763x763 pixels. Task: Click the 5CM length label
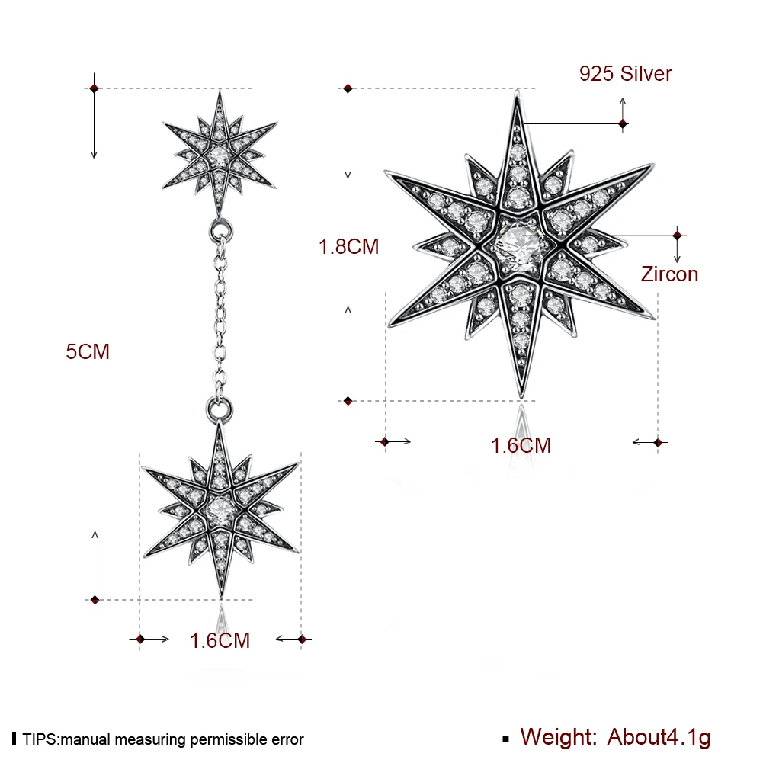point(88,351)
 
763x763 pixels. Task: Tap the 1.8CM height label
point(348,246)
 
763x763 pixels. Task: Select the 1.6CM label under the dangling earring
point(220,640)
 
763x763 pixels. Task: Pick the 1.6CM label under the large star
point(521,445)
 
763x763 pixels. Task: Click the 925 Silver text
point(625,73)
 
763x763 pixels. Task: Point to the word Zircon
point(669,274)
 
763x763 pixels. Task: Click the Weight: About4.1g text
point(615,737)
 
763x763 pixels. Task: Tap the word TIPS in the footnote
point(40,739)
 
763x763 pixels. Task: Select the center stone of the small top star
point(220,155)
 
